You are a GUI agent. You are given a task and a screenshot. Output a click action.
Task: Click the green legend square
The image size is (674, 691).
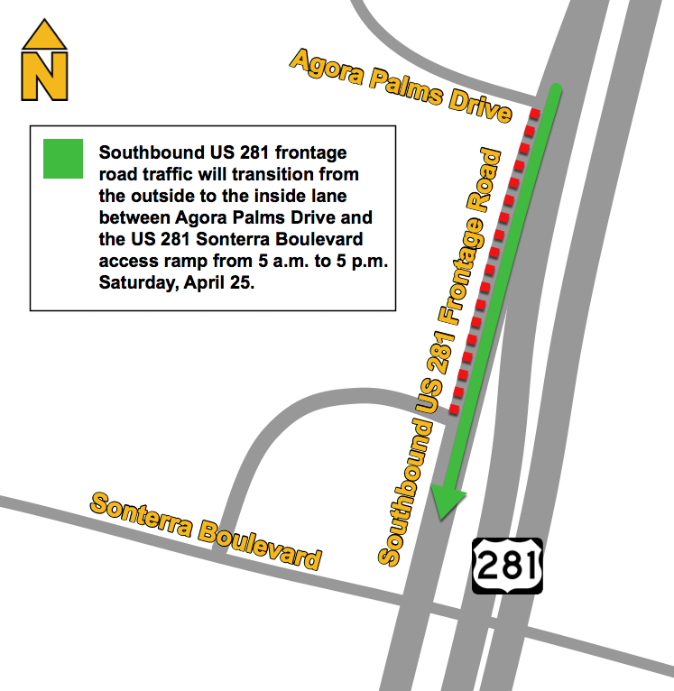(x=63, y=159)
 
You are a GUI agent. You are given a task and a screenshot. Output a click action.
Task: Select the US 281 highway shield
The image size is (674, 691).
(x=507, y=566)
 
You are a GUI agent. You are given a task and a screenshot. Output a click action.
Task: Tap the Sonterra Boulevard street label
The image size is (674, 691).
(x=206, y=530)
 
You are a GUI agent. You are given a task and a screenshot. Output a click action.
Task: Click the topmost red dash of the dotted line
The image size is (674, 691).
(x=535, y=115)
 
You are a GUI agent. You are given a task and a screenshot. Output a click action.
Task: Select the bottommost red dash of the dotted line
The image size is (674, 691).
(x=455, y=409)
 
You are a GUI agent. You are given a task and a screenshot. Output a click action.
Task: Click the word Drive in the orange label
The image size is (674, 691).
(x=479, y=106)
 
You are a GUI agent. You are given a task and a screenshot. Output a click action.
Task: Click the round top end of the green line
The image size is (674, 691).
(x=556, y=89)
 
